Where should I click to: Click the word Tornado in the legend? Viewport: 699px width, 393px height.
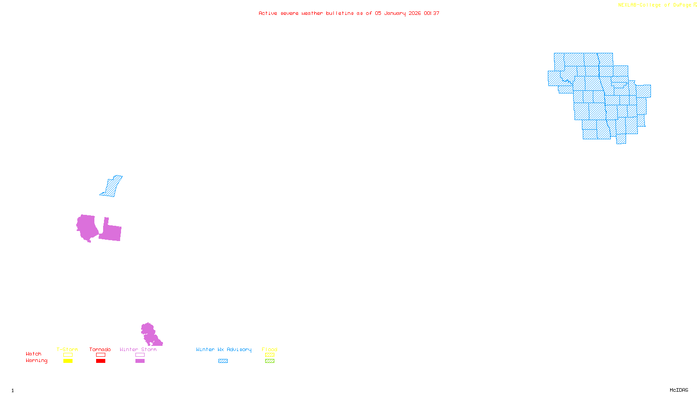[100, 349]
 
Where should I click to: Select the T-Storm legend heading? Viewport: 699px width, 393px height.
[67, 349]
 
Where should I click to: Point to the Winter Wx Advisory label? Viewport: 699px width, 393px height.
[224, 349]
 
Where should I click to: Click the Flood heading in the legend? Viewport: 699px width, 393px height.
[270, 349]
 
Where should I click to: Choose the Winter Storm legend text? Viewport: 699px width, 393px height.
[138, 349]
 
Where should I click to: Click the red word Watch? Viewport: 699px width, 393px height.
[34, 354]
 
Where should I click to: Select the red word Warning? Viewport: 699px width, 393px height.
[37, 361]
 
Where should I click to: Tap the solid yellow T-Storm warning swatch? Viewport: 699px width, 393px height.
[68, 361]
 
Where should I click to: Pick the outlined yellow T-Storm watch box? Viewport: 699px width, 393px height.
[68, 355]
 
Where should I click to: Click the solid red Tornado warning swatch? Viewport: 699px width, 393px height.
[100, 361]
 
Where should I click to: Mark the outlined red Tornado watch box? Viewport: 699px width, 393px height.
[100, 355]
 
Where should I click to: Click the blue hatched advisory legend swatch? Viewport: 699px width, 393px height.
[223, 361]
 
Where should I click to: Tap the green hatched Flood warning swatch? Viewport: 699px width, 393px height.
[270, 361]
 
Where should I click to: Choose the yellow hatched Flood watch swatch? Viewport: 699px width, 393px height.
[270, 355]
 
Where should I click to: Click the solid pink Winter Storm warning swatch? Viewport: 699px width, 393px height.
[140, 361]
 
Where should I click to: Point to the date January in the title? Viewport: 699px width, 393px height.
[395, 13]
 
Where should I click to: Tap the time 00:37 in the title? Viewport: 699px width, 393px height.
[432, 13]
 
